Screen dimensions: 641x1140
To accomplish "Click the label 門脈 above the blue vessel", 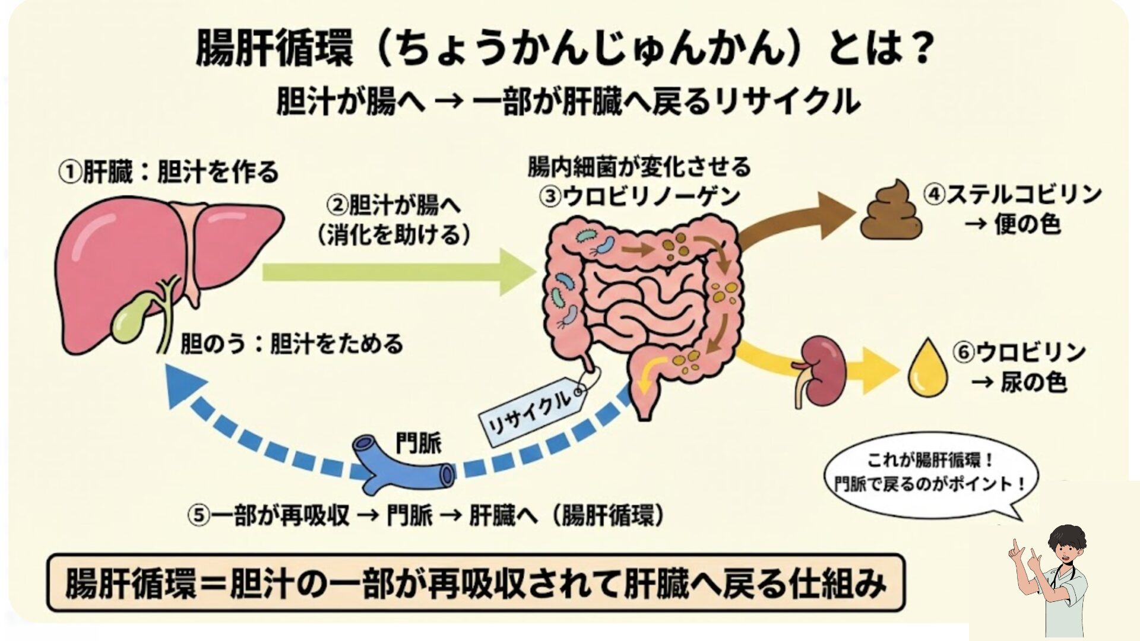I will (x=418, y=443).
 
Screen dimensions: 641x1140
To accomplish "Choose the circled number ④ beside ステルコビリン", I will (x=934, y=195).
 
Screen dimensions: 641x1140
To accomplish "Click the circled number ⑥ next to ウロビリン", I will (x=964, y=353).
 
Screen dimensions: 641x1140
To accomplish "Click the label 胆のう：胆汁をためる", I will (x=292, y=344).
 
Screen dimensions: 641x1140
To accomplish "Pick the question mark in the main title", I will (x=917, y=49).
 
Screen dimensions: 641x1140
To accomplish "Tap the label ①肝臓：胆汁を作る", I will (x=168, y=173).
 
